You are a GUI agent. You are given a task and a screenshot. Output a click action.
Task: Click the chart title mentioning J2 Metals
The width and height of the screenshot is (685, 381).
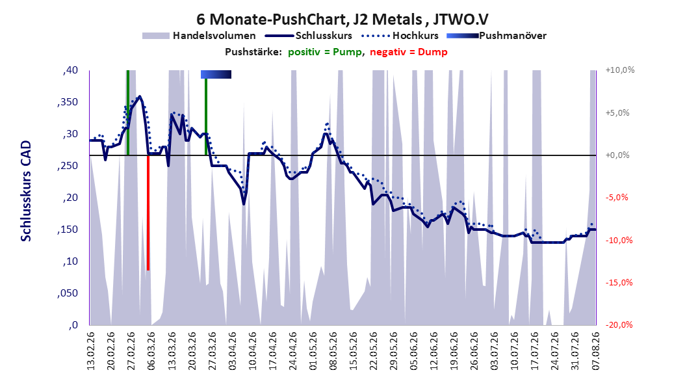pyautogui.click(x=342, y=20)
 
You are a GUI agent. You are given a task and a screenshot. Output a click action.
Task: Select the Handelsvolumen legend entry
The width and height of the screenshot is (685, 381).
pyautogui.click(x=200, y=36)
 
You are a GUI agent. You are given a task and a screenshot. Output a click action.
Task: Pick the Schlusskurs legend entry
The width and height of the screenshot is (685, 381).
pyautogui.click(x=309, y=36)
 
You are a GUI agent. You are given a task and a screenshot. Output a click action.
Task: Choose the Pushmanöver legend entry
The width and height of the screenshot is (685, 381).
pyautogui.click(x=497, y=36)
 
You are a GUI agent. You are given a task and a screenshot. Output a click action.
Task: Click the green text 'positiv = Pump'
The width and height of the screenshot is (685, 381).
pyautogui.click(x=325, y=52)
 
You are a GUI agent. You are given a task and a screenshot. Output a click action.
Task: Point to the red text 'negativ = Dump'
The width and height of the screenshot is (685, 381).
pyautogui.click(x=409, y=52)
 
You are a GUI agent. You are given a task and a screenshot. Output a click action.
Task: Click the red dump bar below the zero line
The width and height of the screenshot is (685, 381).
pyautogui.click(x=148, y=213)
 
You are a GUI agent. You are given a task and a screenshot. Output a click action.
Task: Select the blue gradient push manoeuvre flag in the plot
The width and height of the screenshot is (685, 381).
pyautogui.click(x=216, y=74)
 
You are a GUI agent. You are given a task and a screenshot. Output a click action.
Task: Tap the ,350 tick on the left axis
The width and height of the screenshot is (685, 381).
pyautogui.click(x=68, y=102)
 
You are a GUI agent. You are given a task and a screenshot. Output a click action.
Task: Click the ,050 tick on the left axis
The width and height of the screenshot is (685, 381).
pyautogui.click(x=68, y=293)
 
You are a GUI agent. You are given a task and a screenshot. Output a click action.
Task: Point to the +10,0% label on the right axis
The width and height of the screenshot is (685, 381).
pyautogui.click(x=620, y=70)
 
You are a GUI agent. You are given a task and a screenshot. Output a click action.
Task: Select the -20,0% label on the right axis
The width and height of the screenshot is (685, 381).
pyautogui.click(x=619, y=324)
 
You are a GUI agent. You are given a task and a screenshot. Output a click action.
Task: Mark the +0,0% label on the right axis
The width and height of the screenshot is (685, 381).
pyautogui.click(x=617, y=155)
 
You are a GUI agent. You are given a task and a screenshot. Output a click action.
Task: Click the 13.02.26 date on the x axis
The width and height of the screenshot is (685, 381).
pyautogui.click(x=91, y=351)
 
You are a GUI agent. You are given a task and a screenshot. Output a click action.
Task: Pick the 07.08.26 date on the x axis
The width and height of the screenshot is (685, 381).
pyautogui.click(x=596, y=351)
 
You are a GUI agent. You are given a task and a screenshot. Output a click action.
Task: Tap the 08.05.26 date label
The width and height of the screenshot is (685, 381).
pyautogui.click(x=333, y=351)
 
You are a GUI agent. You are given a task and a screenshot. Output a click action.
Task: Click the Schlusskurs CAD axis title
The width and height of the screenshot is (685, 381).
pyautogui.click(x=26, y=191)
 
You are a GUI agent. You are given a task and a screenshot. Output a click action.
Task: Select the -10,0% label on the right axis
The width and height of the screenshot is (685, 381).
pyautogui.click(x=619, y=240)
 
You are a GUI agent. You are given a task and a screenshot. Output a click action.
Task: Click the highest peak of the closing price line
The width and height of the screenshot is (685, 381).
pyautogui.click(x=139, y=96)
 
